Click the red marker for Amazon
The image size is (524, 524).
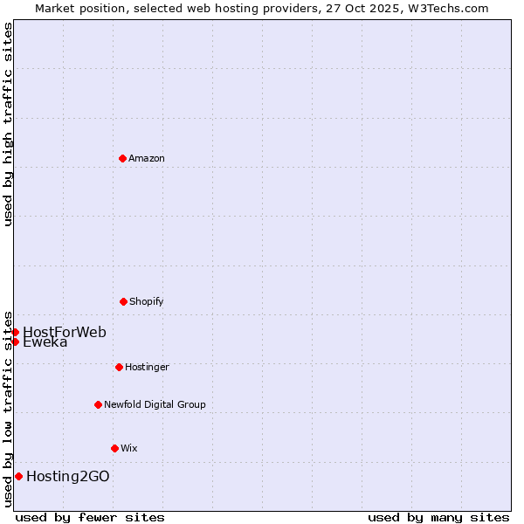(x=122, y=158)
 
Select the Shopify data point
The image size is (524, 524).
(x=123, y=301)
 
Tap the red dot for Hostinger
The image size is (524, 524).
(x=119, y=367)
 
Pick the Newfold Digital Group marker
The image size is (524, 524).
(x=98, y=404)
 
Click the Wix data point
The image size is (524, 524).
(x=114, y=448)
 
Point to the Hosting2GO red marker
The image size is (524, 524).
(x=18, y=476)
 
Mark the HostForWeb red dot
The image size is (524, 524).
(x=15, y=332)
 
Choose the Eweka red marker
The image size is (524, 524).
(x=15, y=341)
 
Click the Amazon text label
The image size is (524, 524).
(x=147, y=158)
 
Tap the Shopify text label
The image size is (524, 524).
(x=147, y=301)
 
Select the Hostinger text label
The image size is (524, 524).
(x=147, y=367)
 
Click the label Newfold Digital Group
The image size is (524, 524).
(x=155, y=404)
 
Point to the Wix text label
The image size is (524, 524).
(x=129, y=448)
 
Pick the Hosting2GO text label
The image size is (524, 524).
(x=68, y=476)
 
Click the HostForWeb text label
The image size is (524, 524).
(x=65, y=332)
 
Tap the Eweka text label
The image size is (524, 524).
(x=45, y=342)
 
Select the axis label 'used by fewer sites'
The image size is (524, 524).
(x=90, y=517)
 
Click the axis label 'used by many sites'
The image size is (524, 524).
(x=438, y=517)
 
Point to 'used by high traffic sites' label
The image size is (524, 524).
(x=8, y=124)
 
